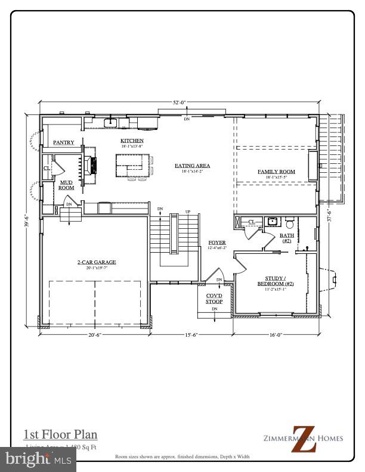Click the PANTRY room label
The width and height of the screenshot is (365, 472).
coord(63,142)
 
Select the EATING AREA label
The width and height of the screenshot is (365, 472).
coord(193,166)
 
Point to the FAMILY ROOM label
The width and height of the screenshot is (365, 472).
coord(276,172)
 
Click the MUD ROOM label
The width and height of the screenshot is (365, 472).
coord(66,185)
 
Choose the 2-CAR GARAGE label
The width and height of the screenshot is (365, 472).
coord(96,262)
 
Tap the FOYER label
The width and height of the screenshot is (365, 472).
coord(216,243)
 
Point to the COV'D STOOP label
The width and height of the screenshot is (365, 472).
coord(214,298)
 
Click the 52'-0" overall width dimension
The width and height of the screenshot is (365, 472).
coord(180,103)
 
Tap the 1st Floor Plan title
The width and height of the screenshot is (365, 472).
coord(60,434)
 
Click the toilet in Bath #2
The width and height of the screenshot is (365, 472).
coord(290,224)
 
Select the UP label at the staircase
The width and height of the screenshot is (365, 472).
coord(188,212)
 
